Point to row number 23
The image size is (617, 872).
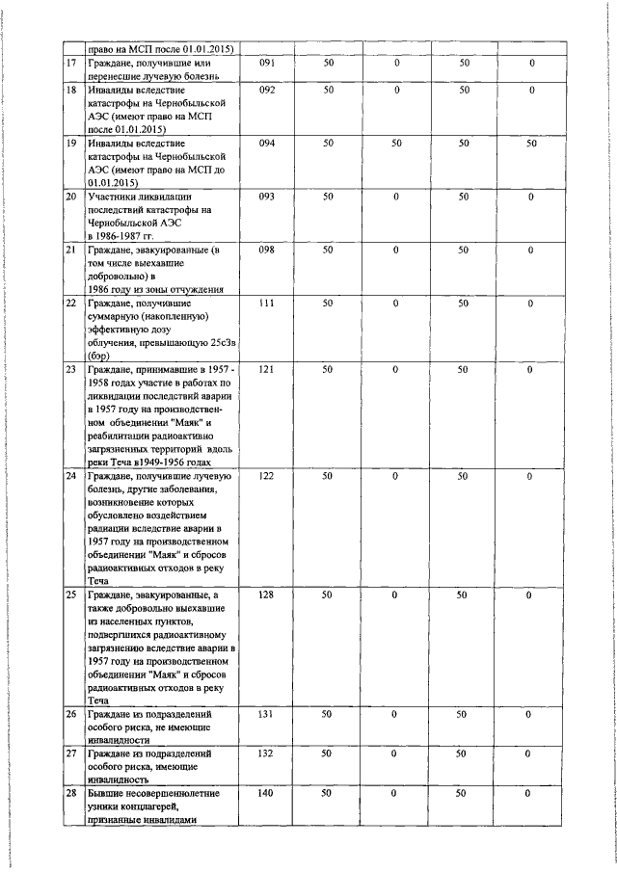click(70, 369)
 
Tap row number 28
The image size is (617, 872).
click(70, 793)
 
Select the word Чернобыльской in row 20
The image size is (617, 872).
click(120, 222)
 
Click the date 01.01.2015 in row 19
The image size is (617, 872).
click(114, 181)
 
